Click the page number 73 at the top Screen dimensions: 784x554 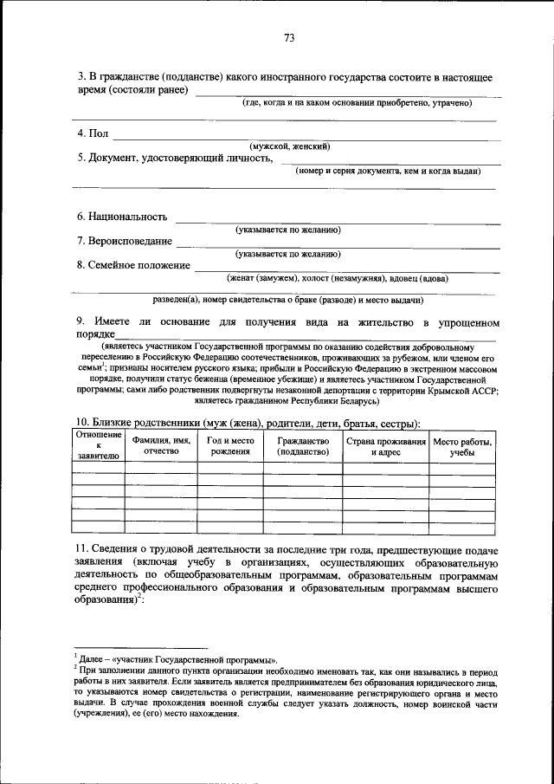pyautogui.click(x=289, y=37)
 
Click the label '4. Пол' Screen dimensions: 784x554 pyautogui.click(x=93, y=133)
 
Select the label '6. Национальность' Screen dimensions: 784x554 pyautogui.click(x=121, y=217)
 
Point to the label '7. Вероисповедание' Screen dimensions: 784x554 pyautogui.click(x=124, y=241)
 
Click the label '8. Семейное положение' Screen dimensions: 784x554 pyautogui.click(x=132, y=265)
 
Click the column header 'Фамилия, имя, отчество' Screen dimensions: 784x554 pyautogui.click(x=161, y=446)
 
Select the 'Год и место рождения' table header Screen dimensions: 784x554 pyautogui.click(x=230, y=446)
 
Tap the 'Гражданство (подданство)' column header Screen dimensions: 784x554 pyautogui.click(x=303, y=446)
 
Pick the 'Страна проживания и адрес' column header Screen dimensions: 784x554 pyautogui.click(x=386, y=446)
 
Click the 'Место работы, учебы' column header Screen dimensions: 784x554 pyautogui.click(x=463, y=446)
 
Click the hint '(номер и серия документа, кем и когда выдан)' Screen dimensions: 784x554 pyautogui.click(x=387, y=171)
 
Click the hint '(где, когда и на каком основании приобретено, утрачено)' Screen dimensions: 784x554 pyautogui.click(x=356, y=102)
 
